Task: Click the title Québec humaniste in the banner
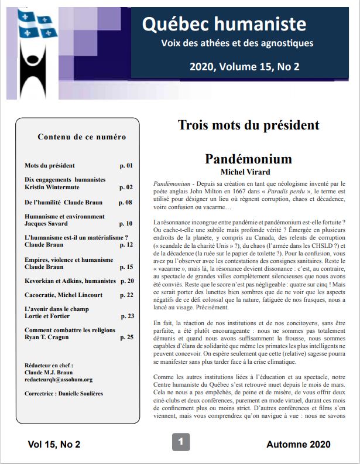point(224,24)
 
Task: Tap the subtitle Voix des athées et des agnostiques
point(237,43)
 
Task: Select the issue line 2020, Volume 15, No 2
point(244,66)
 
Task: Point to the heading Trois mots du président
point(248,125)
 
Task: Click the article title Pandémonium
point(248,159)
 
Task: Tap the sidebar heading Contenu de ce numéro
point(81,137)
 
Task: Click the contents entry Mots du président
point(50,166)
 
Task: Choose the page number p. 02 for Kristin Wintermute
point(126,187)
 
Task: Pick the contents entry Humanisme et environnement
point(64,216)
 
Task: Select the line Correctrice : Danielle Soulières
point(64,394)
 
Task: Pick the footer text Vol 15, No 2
point(54,445)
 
